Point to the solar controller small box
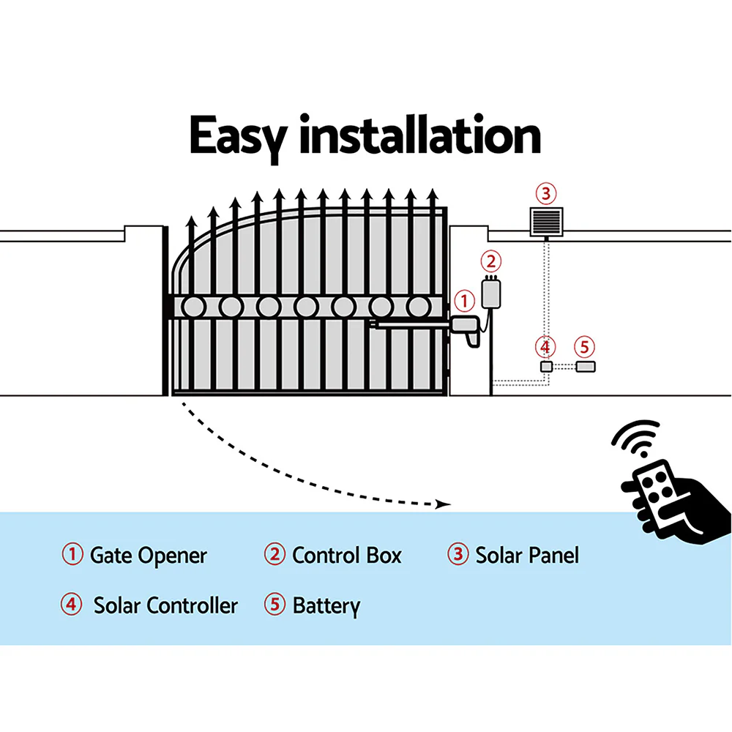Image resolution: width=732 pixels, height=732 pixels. pos(545,366)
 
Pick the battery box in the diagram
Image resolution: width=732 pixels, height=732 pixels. pos(585,366)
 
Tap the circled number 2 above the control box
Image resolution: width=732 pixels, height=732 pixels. pos(491,261)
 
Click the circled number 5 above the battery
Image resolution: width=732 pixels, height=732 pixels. pos(583,346)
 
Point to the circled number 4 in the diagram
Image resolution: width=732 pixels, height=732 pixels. pos(544,346)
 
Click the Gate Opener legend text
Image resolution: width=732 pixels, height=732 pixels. pos(148,556)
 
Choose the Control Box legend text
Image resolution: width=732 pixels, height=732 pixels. pos(347,556)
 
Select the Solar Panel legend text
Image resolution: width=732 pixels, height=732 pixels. pos(527,556)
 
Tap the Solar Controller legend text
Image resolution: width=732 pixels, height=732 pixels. pos(165,606)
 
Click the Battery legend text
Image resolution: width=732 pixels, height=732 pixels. pos(326,606)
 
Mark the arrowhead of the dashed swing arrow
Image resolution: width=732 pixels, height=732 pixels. pos(441,504)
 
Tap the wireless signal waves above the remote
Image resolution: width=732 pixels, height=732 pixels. pos(635,439)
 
